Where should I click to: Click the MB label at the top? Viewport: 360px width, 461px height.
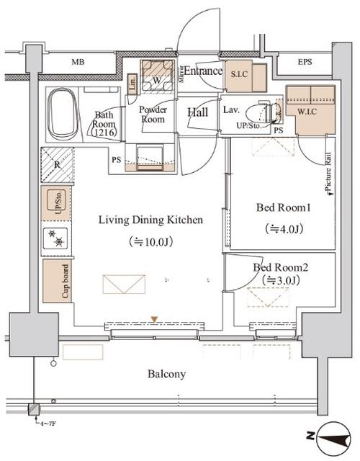[x=78, y=63]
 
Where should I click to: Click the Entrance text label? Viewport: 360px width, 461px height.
[x=203, y=71]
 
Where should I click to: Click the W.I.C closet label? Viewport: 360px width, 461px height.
[x=311, y=112]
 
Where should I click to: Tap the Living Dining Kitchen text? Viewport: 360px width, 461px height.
[x=150, y=220]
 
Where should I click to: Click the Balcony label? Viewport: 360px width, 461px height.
[x=167, y=374]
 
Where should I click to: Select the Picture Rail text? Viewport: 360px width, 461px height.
[x=328, y=173]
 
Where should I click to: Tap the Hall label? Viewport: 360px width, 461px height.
[x=198, y=112]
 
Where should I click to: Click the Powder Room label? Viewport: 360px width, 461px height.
[x=153, y=115]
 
